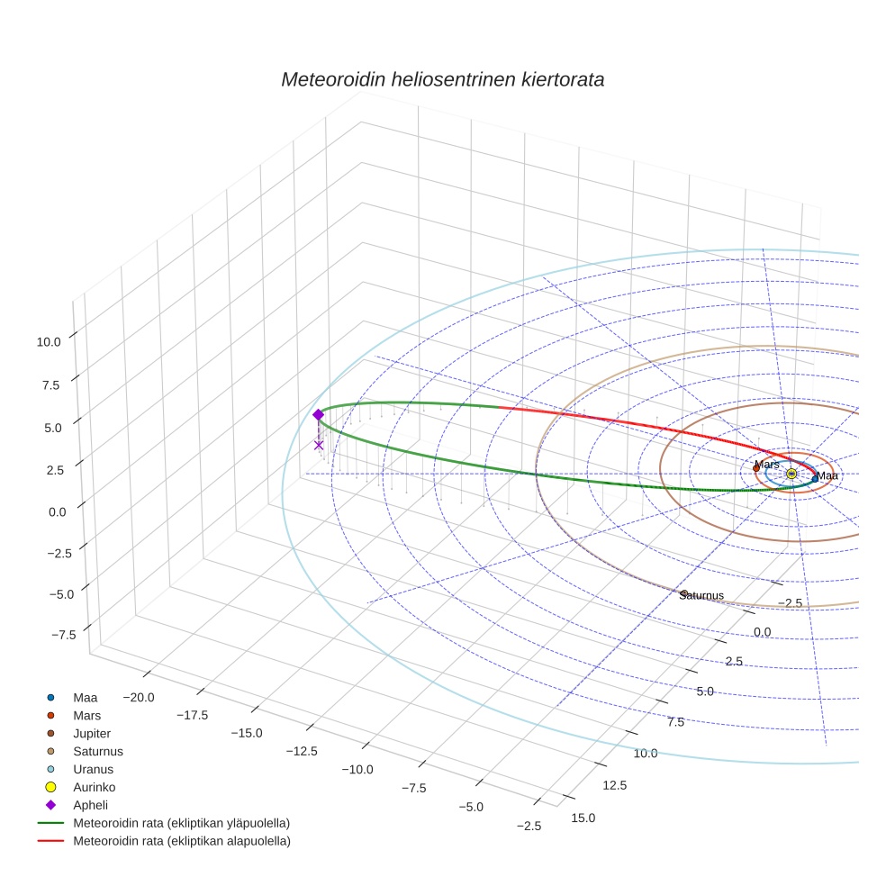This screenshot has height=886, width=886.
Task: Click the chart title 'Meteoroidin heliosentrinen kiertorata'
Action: click(442, 79)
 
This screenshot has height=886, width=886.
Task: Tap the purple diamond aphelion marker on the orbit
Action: click(318, 414)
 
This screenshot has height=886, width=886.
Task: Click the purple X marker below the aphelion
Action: click(319, 445)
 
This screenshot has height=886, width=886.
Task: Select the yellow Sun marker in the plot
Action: click(791, 474)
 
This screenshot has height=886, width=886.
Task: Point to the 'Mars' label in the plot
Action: click(767, 465)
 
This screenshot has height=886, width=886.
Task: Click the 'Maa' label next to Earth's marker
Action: click(827, 476)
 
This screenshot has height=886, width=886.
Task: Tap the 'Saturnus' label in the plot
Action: click(703, 596)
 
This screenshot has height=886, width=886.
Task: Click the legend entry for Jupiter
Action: click(92, 734)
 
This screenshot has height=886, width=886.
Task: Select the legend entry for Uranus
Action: click(93, 770)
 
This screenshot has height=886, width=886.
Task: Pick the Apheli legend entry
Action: click(91, 806)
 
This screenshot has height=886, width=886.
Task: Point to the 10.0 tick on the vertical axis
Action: click(49, 341)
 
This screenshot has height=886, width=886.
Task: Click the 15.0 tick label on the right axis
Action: click(583, 818)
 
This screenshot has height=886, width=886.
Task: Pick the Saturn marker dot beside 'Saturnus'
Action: click(684, 593)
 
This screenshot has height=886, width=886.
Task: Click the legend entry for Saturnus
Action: click(97, 752)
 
